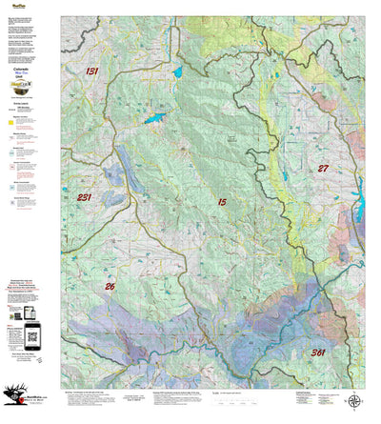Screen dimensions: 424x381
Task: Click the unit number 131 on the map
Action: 91,71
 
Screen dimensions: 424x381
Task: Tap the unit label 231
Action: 84,197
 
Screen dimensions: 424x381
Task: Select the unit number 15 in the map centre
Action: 221,202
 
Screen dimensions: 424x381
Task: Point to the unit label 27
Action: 323,168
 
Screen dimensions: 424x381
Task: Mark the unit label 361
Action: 323,352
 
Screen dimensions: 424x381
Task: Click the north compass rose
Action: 353,401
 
